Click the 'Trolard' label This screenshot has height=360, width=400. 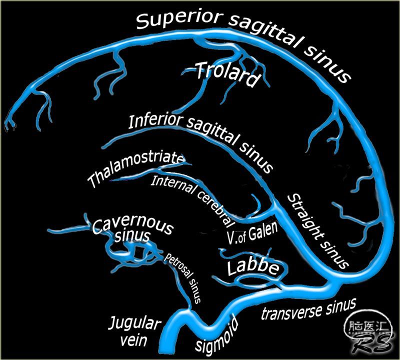pos(226,73)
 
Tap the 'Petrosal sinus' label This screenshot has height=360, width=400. pos(182,277)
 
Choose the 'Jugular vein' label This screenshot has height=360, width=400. pos(134,331)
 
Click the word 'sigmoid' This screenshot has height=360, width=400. pos(217,336)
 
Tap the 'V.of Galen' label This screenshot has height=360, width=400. pos(252,233)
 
